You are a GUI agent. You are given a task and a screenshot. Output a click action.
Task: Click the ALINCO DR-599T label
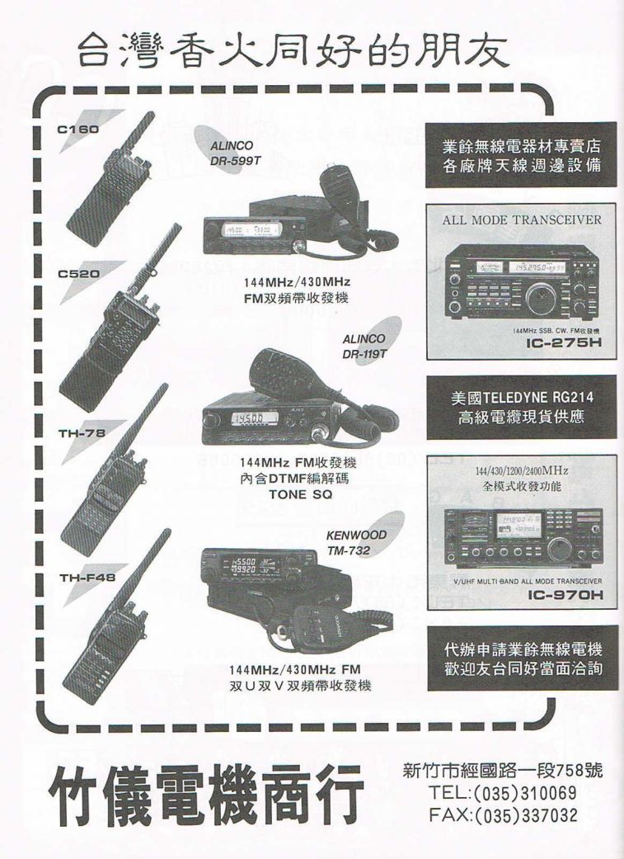(x=236, y=153)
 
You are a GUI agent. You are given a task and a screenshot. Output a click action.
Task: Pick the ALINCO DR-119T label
(x=364, y=347)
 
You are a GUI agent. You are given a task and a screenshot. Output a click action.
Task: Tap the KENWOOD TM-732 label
(x=356, y=541)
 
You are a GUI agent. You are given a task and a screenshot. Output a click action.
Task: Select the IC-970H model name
(x=561, y=594)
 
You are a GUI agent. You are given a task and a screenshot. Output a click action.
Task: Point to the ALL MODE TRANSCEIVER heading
(x=522, y=220)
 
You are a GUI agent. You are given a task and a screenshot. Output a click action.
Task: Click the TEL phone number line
(x=503, y=793)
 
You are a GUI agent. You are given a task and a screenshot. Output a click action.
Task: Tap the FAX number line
(x=503, y=815)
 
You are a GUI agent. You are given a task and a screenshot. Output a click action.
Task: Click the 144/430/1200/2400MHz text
(x=522, y=471)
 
